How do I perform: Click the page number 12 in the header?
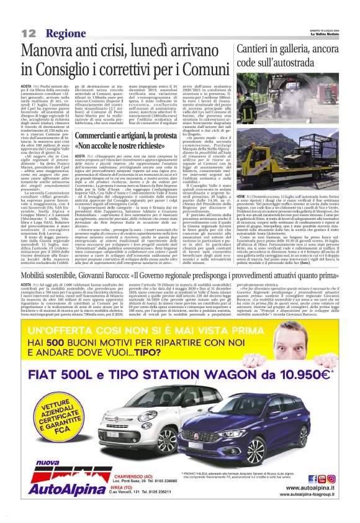tap(29, 32)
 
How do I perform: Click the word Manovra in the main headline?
tap(55, 51)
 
